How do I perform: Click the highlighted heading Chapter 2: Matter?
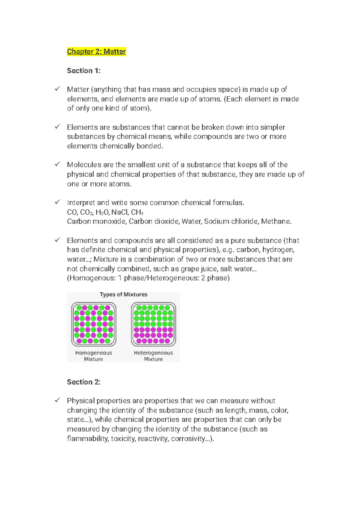point(96,52)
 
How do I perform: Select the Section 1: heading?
point(84,71)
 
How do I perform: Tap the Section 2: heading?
point(84,382)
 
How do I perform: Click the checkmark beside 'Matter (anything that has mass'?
point(57,89)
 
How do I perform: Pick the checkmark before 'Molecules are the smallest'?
point(57,164)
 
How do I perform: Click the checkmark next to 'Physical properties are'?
point(57,400)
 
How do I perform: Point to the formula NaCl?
point(119,212)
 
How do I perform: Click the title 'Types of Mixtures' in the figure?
point(124,294)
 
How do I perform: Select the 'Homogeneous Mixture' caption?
point(94,356)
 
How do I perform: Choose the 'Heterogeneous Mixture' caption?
point(153,356)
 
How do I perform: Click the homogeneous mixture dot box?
point(94,324)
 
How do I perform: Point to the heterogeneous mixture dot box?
point(153,324)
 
